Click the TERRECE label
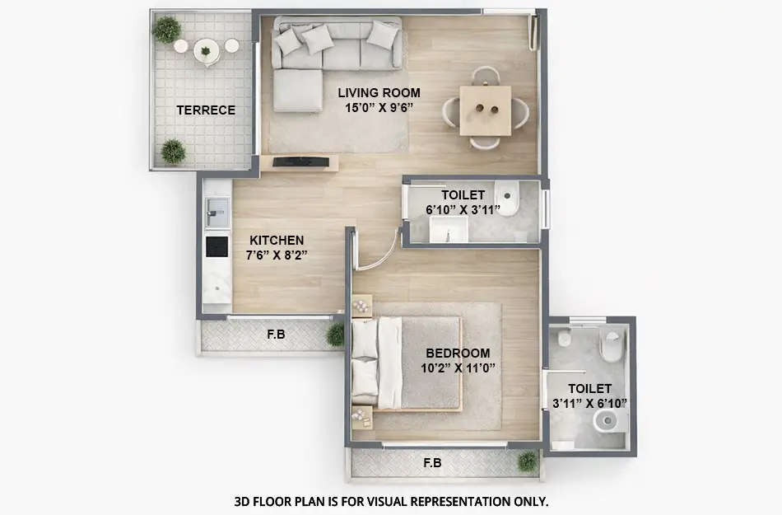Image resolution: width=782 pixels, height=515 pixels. click(205, 110)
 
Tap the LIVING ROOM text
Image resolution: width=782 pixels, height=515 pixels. click(379, 92)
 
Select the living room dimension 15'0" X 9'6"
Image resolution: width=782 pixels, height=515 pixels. click(379, 106)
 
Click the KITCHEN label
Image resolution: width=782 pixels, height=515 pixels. click(277, 240)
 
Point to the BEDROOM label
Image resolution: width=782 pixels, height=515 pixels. click(458, 353)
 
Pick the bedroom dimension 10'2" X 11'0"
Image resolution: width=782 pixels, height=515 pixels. click(458, 368)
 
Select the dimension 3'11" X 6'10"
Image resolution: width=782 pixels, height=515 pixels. click(589, 403)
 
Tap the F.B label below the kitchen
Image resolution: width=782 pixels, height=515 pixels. click(276, 335)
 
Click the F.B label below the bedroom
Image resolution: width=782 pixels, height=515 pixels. click(432, 463)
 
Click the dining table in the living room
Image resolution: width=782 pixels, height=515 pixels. click(485, 110)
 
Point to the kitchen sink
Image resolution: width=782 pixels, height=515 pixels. click(216, 212)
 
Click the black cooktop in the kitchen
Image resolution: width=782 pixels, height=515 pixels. click(216, 246)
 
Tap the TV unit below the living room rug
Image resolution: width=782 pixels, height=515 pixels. click(305, 162)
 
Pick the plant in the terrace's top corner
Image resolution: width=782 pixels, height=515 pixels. click(167, 30)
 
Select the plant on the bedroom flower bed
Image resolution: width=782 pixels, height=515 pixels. click(528, 461)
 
